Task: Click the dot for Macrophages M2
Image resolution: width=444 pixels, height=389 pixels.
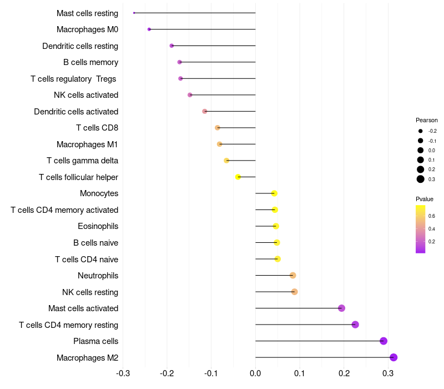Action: pos(393,357)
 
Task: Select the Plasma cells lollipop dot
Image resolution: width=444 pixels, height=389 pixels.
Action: pos(383,341)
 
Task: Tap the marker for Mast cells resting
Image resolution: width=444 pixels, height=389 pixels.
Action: pos(134,13)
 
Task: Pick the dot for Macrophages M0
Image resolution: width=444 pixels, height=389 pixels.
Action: pos(149,29)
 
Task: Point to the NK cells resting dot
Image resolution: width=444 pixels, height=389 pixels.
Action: pos(295,292)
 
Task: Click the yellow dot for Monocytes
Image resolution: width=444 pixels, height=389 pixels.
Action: pos(274,193)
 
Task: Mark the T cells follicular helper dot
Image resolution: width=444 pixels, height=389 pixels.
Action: pos(238,177)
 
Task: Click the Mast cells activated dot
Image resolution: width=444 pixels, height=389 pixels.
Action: pos(341,308)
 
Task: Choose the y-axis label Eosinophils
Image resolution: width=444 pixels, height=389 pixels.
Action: pos(98,226)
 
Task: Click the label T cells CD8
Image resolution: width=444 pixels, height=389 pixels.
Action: pos(97,128)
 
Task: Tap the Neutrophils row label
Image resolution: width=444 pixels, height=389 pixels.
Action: pos(98,276)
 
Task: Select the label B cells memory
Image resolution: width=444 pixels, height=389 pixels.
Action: pos(90,62)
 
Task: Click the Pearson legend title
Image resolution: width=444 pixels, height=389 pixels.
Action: pos(427,120)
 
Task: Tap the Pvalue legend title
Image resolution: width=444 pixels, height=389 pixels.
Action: pos(425,199)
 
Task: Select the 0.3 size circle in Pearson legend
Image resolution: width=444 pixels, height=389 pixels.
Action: pos(421,179)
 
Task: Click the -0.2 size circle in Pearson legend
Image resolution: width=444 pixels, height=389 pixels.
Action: pos(421,131)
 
